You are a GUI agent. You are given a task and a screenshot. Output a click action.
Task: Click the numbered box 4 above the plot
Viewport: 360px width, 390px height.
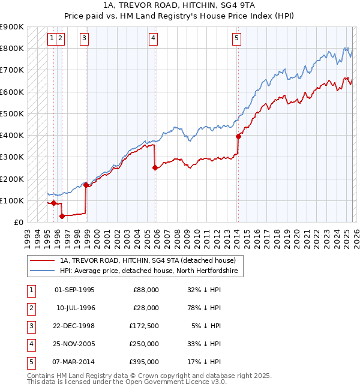(154, 38)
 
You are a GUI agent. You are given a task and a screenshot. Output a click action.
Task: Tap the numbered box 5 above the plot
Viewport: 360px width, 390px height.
(236, 38)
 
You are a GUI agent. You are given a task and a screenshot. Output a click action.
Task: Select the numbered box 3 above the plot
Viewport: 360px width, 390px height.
(84, 38)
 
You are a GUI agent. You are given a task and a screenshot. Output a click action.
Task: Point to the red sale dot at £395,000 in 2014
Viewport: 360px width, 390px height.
(238, 136)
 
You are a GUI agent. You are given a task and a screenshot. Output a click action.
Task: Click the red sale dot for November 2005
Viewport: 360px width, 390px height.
(155, 168)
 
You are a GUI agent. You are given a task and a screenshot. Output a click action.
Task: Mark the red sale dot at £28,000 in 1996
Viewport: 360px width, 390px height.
(62, 216)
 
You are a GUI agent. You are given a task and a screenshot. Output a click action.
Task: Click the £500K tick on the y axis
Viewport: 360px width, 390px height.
(12, 113)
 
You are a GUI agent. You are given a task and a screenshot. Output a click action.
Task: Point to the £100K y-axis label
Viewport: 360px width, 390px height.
(12, 200)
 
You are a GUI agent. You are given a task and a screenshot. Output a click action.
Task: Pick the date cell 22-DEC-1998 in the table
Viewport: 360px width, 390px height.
(74, 326)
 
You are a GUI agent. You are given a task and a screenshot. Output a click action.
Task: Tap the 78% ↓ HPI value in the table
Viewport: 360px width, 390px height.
(204, 308)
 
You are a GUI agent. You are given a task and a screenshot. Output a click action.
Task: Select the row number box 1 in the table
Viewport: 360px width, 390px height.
(31, 290)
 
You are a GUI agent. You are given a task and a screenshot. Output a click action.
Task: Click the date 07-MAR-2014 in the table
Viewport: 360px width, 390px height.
(74, 362)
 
